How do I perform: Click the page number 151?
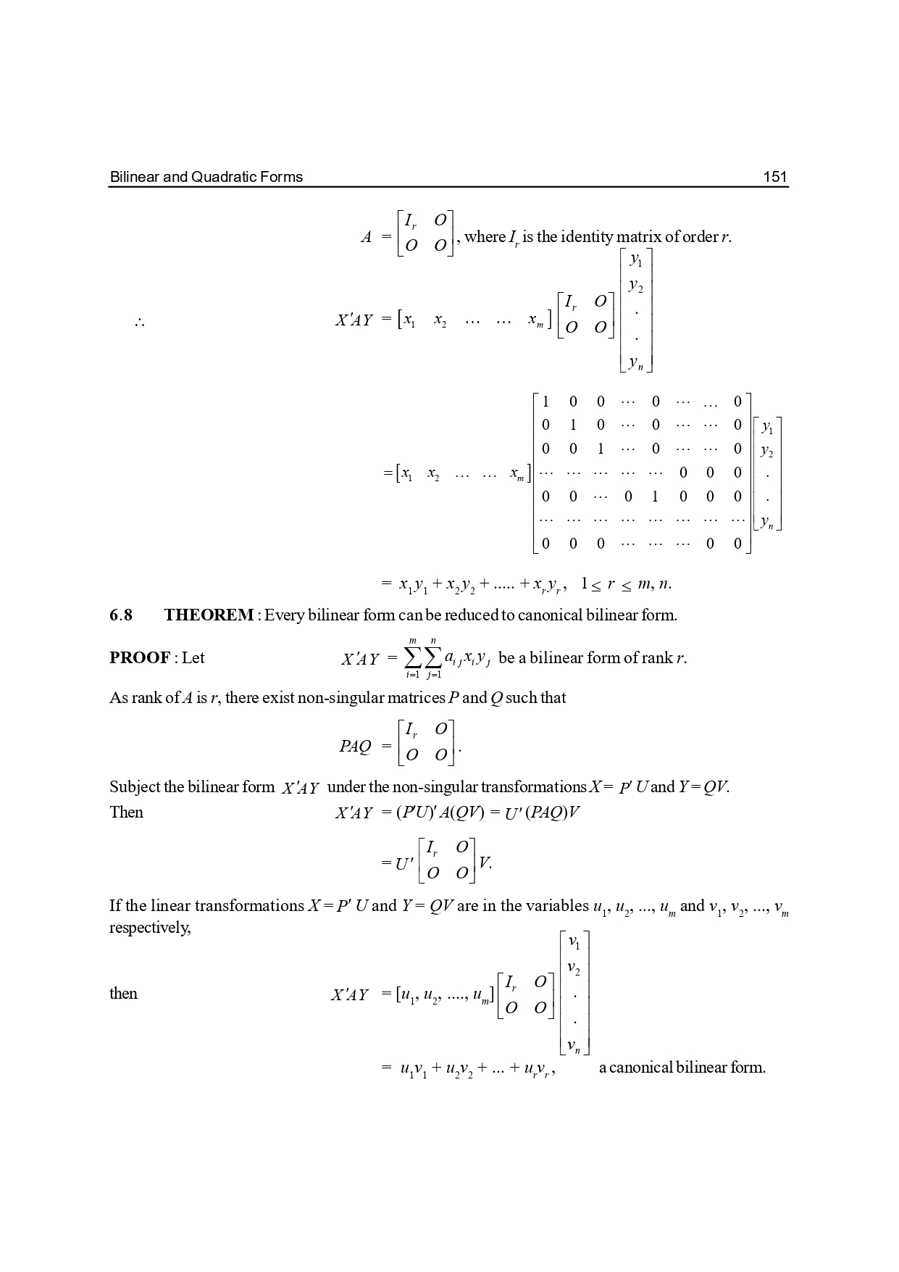[774, 177]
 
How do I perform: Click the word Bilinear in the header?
[130, 177]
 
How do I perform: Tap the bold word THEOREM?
[209, 615]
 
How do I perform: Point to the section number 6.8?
[121, 615]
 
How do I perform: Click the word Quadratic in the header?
[221, 177]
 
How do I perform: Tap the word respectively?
[149, 927]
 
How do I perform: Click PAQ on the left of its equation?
[355, 746]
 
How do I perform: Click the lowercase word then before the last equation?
[123, 993]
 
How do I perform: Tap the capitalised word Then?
[126, 812]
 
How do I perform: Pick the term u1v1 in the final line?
[413, 1068]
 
